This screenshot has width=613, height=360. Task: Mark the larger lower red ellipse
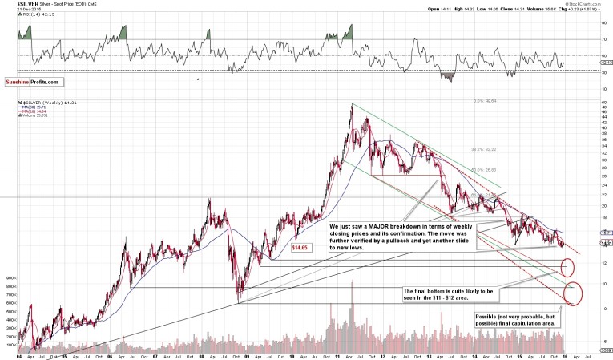pos(574,293)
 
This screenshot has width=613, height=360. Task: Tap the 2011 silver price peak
pos(352,105)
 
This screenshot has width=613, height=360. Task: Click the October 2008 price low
pos(239,302)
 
